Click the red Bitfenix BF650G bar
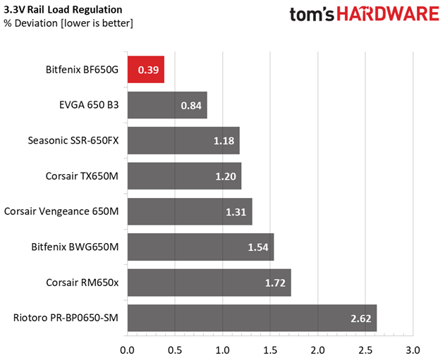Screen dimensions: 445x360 click(x=146, y=70)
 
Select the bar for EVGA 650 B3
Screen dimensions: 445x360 click(x=167, y=105)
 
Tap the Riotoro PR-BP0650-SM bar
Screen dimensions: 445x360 click(x=252, y=318)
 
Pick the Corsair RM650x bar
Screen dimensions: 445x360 click(x=209, y=283)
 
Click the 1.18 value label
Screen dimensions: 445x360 click(x=224, y=141)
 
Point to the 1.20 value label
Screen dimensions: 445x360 click(x=226, y=177)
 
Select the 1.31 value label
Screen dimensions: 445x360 click(x=236, y=212)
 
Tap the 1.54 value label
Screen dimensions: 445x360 click(x=258, y=247)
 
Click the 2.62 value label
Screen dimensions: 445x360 click(x=360, y=318)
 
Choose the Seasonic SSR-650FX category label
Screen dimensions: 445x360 click(x=73, y=141)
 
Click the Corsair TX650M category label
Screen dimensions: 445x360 click(x=82, y=176)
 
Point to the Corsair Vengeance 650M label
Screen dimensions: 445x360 click(x=61, y=211)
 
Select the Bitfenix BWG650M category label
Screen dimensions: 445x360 click(x=75, y=247)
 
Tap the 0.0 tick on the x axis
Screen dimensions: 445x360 click(x=127, y=351)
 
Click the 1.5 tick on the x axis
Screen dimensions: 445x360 click(x=270, y=351)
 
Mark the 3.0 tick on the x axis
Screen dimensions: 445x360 click(x=413, y=351)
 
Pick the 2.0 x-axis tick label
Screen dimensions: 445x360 click(x=317, y=351)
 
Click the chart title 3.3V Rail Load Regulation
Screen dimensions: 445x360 click(x=63, y=10)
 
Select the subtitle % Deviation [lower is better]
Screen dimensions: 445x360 click(x=68, y=23)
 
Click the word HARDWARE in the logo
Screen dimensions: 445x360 click(x=388, y=14)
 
